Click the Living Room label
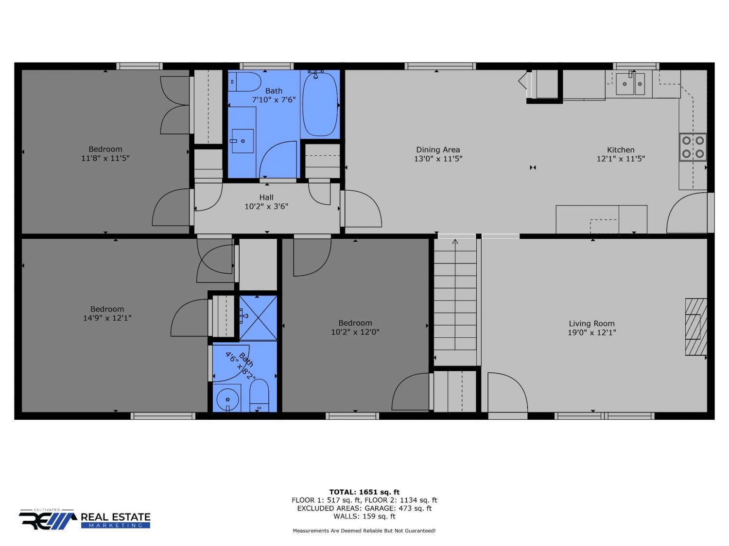pyautogui.click(x=591, y=323)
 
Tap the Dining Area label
pyautogui.click(x=438, y=149)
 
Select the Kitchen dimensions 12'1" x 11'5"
pyautogui.click(x=621, y=159)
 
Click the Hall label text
pyautogui.click(x=266, y=197)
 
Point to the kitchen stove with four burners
pyautogui.click(x=693, y=147)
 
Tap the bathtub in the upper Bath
pyautogui.click(x=320, y=104)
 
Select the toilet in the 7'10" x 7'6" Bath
pyautogui.click(x=244, y=82)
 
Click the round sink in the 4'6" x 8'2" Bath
pyautogui.click(x=227, y=399)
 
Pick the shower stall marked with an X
pyautogui.click(x=258, y=318)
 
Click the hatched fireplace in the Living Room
pyautogui.click(x=696, y=327)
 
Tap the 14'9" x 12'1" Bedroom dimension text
pyautogui.click(x=107, y=318)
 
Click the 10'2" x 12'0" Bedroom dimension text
pyautogui.click(x=355, y=332)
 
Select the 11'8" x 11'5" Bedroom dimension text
pyautogui.click(x=105, y=158)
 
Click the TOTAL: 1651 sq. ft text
pyautogui.click(x=364, y=492)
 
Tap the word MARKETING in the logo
pyautogui.click(x=115, y=526)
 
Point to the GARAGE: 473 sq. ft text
pyautogui.click(x=398, y=508)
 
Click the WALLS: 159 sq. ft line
pyautogui.click(x=364, y=516)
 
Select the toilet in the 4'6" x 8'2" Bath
pyautogui.click(x=259, y=396)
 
